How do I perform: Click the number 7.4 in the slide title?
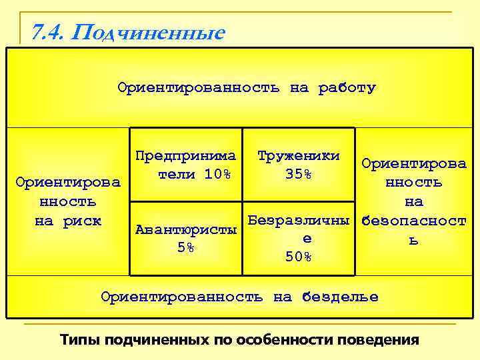click(46, 31)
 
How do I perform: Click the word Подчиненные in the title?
click(147, 31)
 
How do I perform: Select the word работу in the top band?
click(347, 87)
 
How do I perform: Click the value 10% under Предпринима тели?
click(217, 175)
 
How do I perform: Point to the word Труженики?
click(298, 156)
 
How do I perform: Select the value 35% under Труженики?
click(298, 175)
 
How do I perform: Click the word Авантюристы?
click(186, 230)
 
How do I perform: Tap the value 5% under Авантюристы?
click(186, 248)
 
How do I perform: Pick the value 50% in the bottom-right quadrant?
click(298, 257)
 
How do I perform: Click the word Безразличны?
click(298, 219)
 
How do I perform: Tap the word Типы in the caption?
click(78, 339)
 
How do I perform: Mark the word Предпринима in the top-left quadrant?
click(186, 156)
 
